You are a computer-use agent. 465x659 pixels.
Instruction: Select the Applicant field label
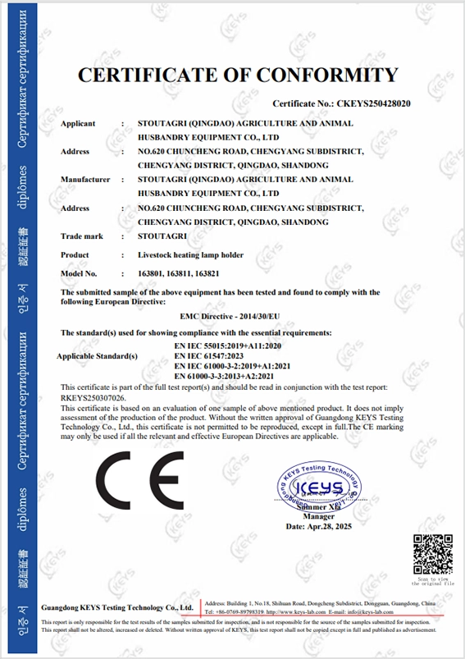[78, 123]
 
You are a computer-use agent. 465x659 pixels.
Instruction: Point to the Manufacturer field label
[85, 179]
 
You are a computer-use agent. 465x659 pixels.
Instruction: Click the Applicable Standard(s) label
[95, 356]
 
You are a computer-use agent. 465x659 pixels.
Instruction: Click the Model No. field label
[79, 272]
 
